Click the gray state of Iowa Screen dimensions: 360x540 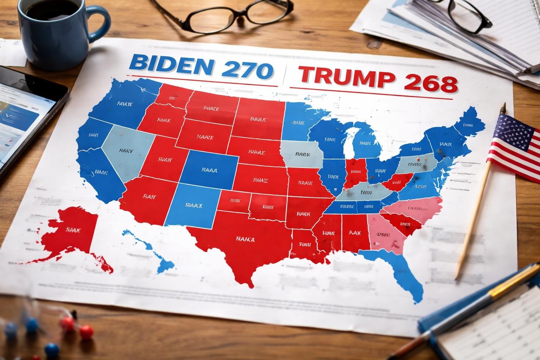click(302, 155)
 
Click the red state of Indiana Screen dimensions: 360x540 click(355, 172)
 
